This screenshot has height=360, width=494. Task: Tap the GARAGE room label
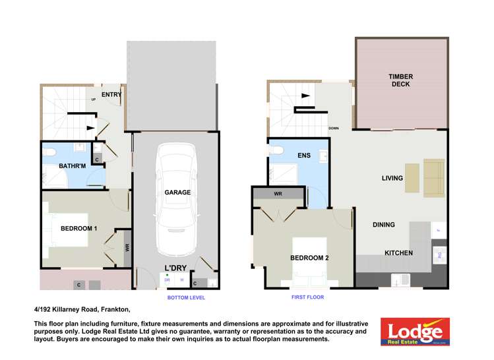point(177,193)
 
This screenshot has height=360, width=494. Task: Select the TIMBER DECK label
point(401,80)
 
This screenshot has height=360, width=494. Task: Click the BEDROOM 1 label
point(79,229)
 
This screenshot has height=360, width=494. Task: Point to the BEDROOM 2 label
point(309,258)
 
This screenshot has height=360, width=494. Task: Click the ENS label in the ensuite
point(304,156)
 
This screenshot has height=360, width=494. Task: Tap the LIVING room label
point(392,178)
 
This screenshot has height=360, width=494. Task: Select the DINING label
point(383,225)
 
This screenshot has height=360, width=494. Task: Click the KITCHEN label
point(398,253)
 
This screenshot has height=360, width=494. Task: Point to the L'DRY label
point(174,268)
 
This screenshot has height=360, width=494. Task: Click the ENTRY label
point(111,95)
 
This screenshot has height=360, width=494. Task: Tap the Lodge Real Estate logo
point(415,332)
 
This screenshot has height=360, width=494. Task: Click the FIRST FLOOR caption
point(308,297)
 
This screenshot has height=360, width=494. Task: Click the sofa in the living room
point(434,178)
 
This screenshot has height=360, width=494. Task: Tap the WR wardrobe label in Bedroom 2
point(278,194)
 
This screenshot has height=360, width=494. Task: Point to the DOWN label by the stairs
point(334,129)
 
